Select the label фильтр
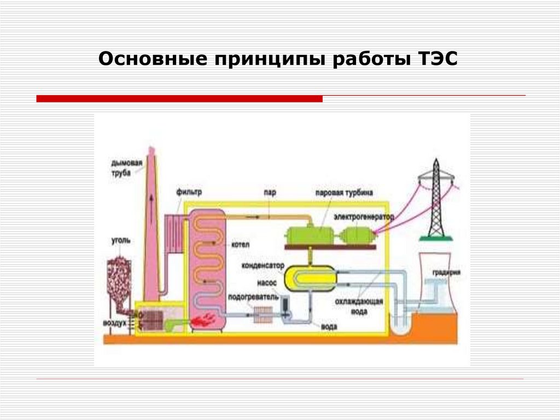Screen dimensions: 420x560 point(189,192)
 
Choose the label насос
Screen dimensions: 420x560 point(266,283)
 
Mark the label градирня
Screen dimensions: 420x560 point(446,272)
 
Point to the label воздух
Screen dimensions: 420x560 point(115,323)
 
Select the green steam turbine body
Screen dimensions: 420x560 point(309,234)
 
